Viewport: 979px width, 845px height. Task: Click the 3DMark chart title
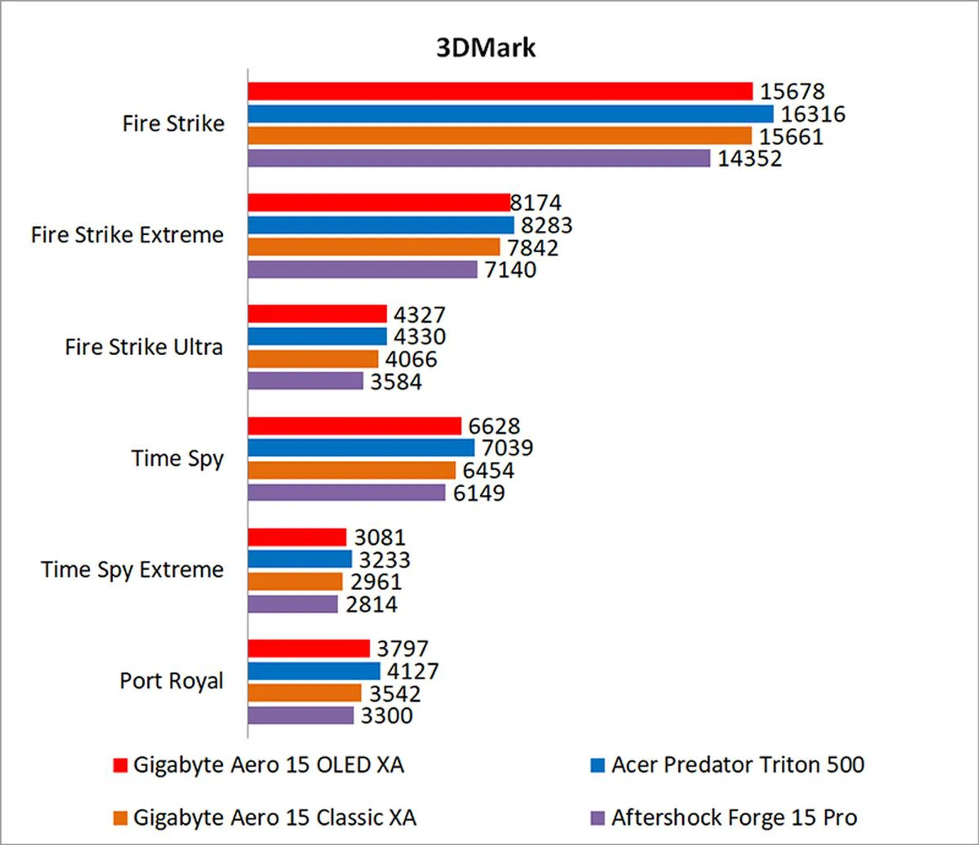pyautogui.click(x=486, y=48)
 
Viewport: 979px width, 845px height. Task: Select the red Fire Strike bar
pyautogui.click(x=500, y=91)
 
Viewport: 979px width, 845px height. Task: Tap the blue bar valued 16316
pyautogui.click(x=510, y=114)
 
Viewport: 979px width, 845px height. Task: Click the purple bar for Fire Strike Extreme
pyautogui.click(x=362, y=270)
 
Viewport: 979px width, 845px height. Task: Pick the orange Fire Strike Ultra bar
pyautogui.click(x=313, y=359)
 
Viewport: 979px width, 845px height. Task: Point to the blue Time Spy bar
pyautogui.click(x=361, y=448)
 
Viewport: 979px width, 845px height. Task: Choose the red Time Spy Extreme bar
pyautogui.click(x=297, y=537)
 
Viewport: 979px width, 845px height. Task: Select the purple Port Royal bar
pyautogui.click(x=300, y=715)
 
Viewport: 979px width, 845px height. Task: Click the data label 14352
pyautogui.click(x=750, y=159)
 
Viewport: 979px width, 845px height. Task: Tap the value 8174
pyautogui.click(x=536, y=203)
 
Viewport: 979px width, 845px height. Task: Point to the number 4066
pyautogui.click(x=411, y=359)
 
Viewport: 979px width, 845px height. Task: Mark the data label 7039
pyautogui.click(x=507, y=448)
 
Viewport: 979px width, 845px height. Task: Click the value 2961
pyautogui.click(x=376, y=582)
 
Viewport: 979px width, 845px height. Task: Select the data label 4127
pyautogui.click(x=413, y=671)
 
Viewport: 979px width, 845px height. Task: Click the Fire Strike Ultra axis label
pyautogui.click(x=144, y=347)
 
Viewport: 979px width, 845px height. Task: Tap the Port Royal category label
pyautogui.click(x=171, y=681)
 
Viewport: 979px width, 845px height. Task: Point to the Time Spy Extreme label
pyautogui.click(x=132, y=570)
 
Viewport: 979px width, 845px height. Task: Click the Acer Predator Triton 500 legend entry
pyautogui.click(x=737, y=764)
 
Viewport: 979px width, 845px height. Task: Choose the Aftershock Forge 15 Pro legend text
pyautogui.click(x=734, y=817)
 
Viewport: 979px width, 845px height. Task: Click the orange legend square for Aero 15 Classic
pyautogui.click(x=120, y=818)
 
